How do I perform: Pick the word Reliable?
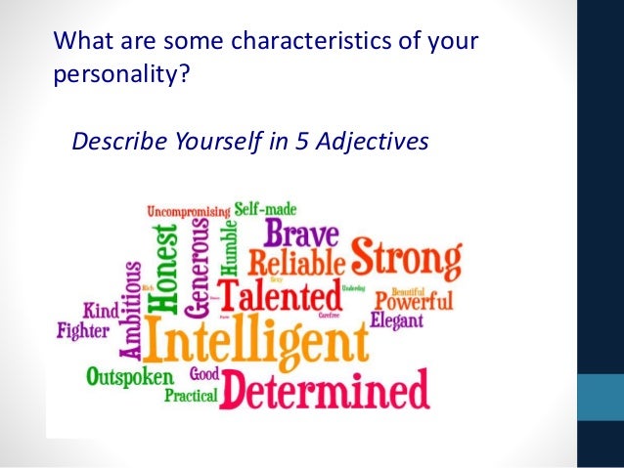coord(295,262)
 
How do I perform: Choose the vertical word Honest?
coord(167,269)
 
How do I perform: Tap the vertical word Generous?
coord(199,266)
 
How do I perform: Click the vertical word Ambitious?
coord(131,309)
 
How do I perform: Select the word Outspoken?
coord(129,376)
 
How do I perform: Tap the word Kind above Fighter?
coord(100,311)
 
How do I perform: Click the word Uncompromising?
coord(189,210)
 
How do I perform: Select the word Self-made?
coord(265,208)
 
